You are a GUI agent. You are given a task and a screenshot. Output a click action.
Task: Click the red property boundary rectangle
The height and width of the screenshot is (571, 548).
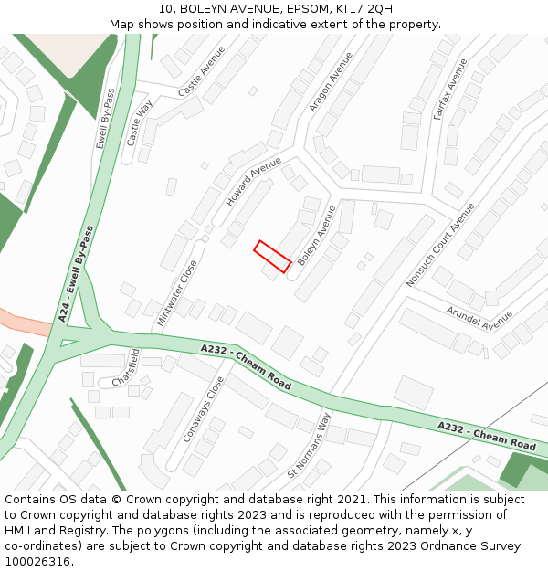[x=272, y=256]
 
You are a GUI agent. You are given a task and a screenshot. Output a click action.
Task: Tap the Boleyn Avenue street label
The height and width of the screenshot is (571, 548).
[x=317, y=236]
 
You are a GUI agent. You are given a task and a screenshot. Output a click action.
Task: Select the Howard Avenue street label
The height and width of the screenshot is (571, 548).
[x=254, y=180]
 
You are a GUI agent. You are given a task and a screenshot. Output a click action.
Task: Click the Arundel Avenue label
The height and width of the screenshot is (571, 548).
[x=479, y=317]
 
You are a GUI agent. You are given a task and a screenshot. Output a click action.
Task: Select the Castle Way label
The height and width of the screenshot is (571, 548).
[x=142, y=122]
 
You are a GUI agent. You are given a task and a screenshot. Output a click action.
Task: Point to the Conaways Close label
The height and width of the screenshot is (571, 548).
[x=203, y=409]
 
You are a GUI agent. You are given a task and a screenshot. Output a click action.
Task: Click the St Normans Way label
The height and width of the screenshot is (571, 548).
[x=309, y=445]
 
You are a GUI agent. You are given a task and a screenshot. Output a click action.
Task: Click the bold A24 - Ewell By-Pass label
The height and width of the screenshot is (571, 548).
[x=78, y=273]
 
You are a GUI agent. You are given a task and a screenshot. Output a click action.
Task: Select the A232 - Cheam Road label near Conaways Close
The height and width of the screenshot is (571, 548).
[x=246, y=366]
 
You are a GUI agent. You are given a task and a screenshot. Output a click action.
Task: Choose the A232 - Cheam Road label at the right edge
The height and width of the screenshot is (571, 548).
[x=486, y=436]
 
